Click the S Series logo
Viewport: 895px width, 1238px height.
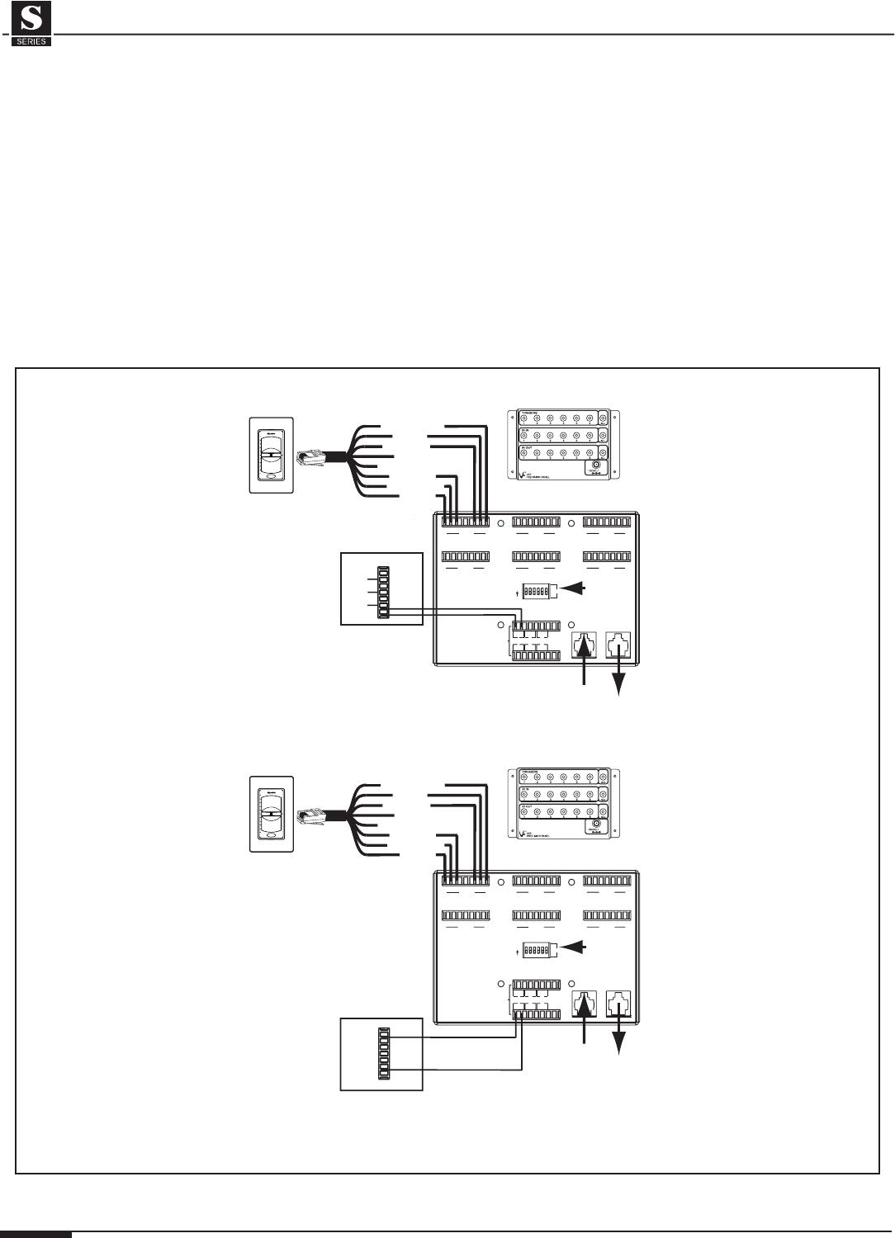pos(32,25)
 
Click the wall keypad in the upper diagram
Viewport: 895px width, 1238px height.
pos(271,456)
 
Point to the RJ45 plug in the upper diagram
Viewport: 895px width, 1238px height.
pos(311,455)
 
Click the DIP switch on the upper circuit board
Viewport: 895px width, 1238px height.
pos(538,591)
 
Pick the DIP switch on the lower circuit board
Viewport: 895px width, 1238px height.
pos(538,950)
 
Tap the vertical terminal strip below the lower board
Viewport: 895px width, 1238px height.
pos(382,1055)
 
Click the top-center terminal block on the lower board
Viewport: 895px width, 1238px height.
pos(537,881)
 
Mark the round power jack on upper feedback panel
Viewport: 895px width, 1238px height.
pos(592,467)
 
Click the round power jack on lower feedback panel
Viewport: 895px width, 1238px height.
pos(592,825)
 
